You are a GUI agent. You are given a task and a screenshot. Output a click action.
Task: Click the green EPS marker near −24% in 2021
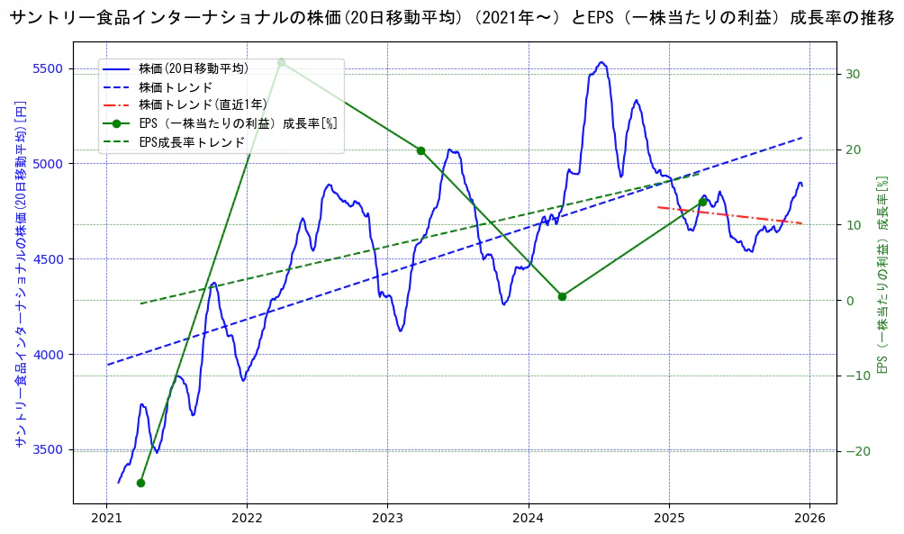(x=140, y=483)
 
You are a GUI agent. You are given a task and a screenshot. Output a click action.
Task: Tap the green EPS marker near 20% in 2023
(x=420, y=150)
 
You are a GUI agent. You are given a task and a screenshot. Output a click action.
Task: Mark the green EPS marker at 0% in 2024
(x=562, y=296)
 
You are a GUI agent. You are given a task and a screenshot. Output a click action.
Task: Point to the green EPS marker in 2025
(x=702, y=202)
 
